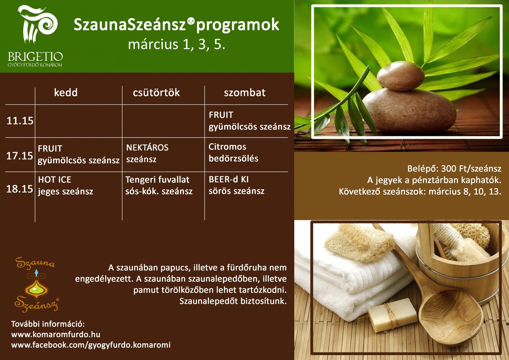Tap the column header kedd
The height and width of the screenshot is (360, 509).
pyautogui.click(x=66, y=93)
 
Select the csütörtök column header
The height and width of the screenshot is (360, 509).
pyautogui.click(x=156, y=93)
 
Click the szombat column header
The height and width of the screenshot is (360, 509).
pyautogui.click(x=245, y=93)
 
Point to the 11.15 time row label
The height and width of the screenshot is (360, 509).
pyautogui.click(x=20, y=121)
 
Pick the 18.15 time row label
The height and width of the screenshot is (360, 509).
pyautogui.click(x=20, y=189)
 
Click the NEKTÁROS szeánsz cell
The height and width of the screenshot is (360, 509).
pyautogui.click(x=147, y=153)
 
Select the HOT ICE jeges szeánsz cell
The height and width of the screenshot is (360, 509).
pyautogui.click(x=66, y=186)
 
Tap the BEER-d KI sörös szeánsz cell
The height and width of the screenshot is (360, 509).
pyautogui.click(x=237, y=185)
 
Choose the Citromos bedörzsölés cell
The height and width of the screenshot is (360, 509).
pyautogui.click(x=234, y=152)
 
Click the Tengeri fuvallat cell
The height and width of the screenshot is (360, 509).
pyautogui.click(x=157, y=180)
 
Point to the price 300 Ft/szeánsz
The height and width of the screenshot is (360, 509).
pyautogui.click(x=471, y=168)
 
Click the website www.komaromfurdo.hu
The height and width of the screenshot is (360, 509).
pyautogui.click(x=56, y=334)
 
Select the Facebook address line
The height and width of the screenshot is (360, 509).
pyautogui.click(x=91, y=345)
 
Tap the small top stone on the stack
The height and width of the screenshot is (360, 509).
pyautogui.click(x=401, y=76)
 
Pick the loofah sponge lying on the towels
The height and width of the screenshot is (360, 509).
pyautogui.click(x=359, y=243)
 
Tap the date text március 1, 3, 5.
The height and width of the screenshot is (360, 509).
pyautogui.click(x=177, y=44)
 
